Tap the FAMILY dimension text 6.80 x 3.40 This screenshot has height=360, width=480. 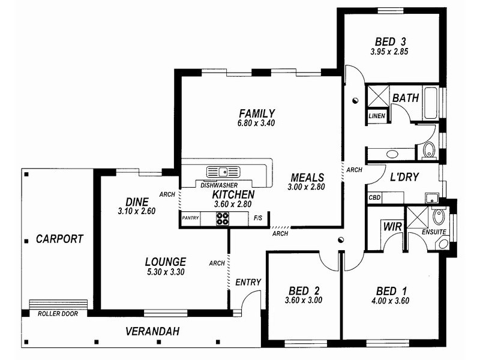256,123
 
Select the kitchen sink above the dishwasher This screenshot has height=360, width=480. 223,172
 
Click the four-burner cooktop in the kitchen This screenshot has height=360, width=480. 223,218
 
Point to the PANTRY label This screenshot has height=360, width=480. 190,218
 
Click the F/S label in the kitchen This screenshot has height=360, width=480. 258,218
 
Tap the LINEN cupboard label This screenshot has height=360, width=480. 377,116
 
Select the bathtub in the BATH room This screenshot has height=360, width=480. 431,103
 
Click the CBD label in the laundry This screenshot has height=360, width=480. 374,197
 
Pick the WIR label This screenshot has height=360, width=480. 392,227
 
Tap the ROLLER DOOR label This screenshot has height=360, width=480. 58,314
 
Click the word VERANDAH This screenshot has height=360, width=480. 152,331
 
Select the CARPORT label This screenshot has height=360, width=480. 59,239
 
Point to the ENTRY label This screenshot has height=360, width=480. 248,282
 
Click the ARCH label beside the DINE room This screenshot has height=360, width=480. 167,194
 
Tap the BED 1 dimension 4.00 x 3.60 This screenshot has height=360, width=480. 391,301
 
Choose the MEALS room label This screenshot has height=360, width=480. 307,178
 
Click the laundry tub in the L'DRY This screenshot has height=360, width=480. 432,198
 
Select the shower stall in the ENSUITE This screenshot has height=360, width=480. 417,217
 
